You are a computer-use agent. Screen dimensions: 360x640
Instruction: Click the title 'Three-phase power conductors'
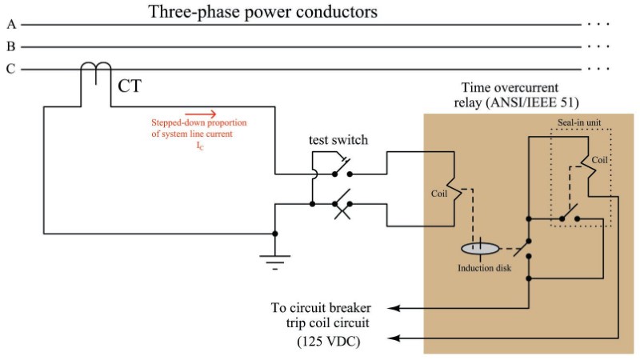(263, 13)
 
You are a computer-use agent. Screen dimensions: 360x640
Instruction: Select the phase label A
(10, 25)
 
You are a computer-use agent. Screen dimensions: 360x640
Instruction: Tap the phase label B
(10, 47)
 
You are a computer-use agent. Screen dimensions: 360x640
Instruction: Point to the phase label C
(10, 70)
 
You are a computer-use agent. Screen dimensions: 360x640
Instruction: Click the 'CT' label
(130, 85)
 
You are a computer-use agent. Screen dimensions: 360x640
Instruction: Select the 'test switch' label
(338, 140)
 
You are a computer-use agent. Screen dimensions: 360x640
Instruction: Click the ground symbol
(275, 258)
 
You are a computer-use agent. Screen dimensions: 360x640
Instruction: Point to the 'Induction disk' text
(484, 268)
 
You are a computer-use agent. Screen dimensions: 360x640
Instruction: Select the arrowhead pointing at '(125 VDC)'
(398, 340)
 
